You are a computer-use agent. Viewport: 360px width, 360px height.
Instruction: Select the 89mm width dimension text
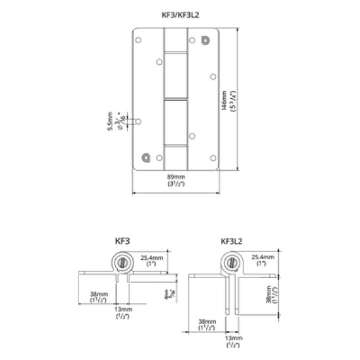point(177,177)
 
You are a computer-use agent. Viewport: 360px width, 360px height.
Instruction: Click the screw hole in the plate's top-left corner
point(139,41)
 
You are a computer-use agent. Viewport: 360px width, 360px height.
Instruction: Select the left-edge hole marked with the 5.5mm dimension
point(139,122)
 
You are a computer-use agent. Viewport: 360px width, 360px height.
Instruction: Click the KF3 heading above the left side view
point(122,240)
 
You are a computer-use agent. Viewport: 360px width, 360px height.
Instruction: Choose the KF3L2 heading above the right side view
point(232,240)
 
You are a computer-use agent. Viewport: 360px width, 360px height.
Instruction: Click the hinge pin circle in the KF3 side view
point(123,263)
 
